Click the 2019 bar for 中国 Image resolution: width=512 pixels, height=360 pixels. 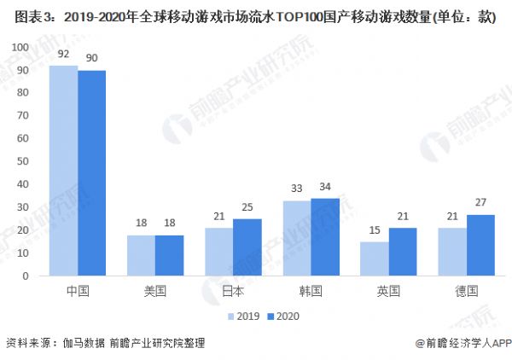pos(63,171)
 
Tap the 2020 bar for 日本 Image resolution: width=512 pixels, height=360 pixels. pos(247,247)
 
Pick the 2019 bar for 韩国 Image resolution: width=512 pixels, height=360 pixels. pos(297,238)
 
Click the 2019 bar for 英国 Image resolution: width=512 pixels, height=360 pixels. pos(375,258)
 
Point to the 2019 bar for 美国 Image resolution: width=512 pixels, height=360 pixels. pos(141,255)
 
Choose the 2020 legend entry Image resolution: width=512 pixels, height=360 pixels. pos(282,315)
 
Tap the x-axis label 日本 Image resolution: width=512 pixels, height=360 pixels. pos(233,291)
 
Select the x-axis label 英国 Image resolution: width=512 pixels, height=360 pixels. pos(389,291)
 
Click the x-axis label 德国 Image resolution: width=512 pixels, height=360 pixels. pos(467,291)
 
